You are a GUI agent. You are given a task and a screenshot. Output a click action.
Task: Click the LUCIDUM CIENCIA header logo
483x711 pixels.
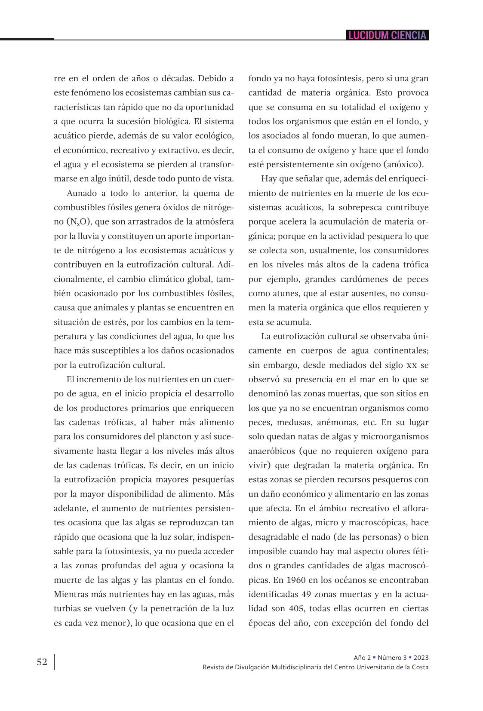(x=387, y=35)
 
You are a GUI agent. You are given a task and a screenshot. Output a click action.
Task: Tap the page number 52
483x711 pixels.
(x=42, y=662)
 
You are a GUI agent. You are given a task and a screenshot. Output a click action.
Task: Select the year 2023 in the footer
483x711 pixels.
(x=421, y=658)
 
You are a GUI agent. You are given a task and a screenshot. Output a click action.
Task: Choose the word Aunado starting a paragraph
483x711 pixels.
(x=82, y=193)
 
